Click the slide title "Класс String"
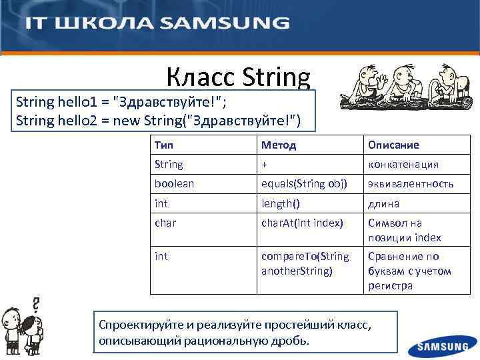238,78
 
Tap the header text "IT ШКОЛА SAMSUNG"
157,23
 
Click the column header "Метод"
279,145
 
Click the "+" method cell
265,164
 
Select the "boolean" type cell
174,183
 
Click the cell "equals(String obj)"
304,183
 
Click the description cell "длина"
383,203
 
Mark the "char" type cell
165,223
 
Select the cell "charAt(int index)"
302,223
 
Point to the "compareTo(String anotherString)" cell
305,263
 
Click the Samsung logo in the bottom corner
443,347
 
